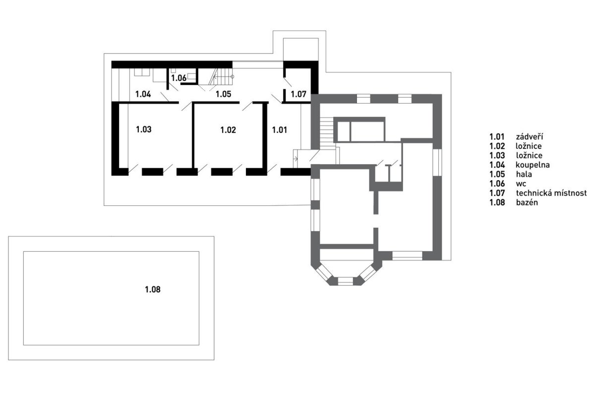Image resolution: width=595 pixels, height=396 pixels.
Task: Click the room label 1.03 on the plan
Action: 144,130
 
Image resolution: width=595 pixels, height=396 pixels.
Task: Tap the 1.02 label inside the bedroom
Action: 228,130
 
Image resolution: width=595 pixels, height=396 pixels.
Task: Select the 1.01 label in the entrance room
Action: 280,130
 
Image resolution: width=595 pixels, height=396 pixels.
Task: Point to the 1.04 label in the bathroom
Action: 143,94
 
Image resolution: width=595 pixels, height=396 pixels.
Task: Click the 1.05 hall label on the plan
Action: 224,94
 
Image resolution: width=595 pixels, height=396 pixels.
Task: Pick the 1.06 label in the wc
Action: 179,78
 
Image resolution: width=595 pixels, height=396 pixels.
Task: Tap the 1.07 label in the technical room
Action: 298,94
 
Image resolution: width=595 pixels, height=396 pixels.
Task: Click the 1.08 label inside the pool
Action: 153,289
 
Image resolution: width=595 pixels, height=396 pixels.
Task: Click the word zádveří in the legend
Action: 530,136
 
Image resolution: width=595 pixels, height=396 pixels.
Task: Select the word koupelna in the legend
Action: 533,165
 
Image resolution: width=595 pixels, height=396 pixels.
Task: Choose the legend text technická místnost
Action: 551,193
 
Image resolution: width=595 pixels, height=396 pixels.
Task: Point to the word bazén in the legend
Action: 527,202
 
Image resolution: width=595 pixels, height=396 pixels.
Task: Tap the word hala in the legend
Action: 524,174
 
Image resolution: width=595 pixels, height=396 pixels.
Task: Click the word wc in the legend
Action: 521,184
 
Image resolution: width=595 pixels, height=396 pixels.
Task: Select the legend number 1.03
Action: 497,155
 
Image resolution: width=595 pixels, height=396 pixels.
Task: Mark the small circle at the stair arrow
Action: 232,77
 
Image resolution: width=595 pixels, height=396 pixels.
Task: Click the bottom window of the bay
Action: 345,281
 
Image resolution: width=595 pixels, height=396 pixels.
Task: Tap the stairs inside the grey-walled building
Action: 326,133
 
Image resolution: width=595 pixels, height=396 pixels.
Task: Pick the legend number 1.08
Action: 497,202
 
